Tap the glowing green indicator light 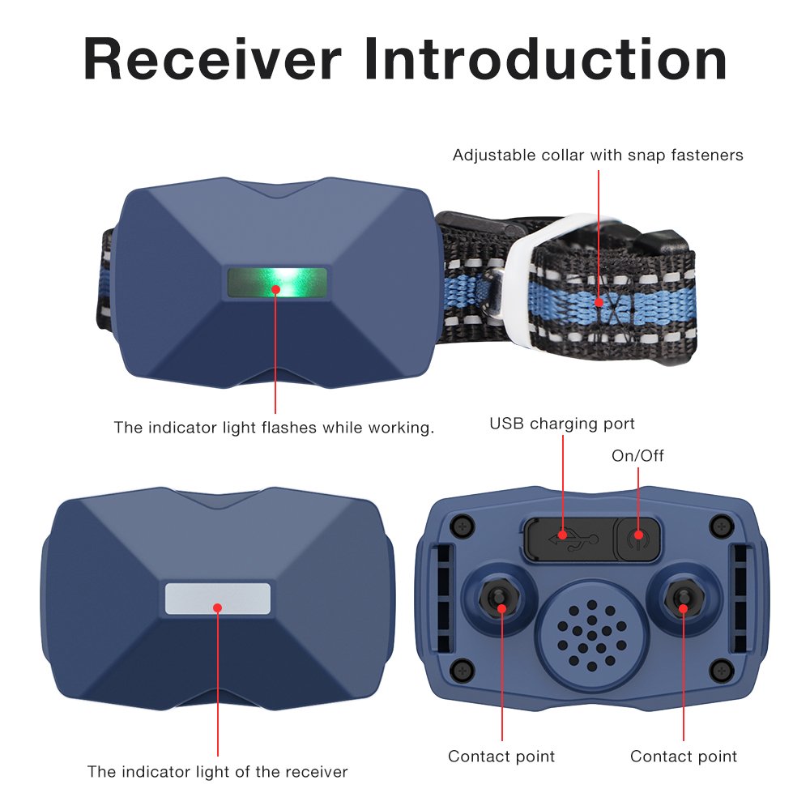277,283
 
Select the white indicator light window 218,598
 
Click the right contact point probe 683,599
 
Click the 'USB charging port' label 562,424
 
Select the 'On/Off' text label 637,456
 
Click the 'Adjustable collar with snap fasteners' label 598,155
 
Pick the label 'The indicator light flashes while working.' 274,427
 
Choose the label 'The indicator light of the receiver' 217,772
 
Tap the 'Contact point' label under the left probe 501,757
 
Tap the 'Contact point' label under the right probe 684,757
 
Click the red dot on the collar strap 599,302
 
